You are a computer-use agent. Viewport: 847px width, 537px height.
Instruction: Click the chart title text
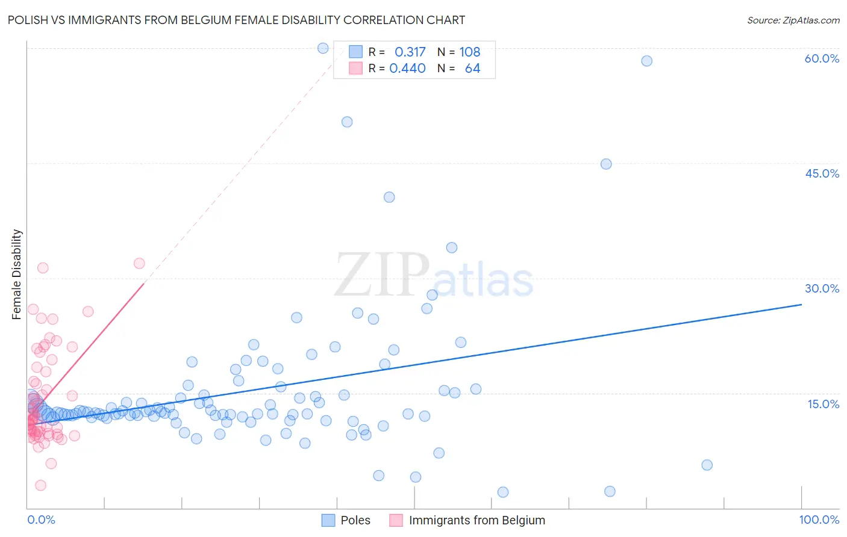pyautogui.click(x=236, y=20)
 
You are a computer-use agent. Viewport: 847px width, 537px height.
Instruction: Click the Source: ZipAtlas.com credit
pyautogui.click(x=793, y=20)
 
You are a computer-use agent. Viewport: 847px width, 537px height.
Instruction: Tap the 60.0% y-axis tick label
pyautogui.click(x=822, y=58)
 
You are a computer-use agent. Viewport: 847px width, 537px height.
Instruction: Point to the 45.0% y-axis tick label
pyautogui.click(x=822, y=173)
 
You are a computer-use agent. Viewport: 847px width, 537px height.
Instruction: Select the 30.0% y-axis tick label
pyautogui.click(x=822, y=288)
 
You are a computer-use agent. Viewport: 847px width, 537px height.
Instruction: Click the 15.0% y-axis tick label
pyautogui.click(x=823, y=404)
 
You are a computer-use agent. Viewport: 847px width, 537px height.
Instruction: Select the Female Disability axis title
pyautogui.click(x=17, y=274)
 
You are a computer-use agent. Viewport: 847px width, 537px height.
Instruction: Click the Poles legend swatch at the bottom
pyautogui.click(x=328, y=520)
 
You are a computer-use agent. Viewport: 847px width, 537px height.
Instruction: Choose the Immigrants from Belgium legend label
pyautogui.click(x=477, y=520)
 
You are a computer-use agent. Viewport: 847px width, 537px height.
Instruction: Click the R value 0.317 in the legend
pyautogui.click(x=410, y=52)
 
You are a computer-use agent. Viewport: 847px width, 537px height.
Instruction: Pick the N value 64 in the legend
pyautogui.click(x=472, y=69)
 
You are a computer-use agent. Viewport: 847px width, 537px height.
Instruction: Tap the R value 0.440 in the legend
pyautogui.click(x=407, y=69)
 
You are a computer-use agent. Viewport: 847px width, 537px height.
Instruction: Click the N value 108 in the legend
pyautogui.click(x=470, y=52)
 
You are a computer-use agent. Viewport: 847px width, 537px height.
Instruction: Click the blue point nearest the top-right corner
pyautogui.click(x=646, y=61)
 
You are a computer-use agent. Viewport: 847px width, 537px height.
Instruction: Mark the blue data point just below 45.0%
pyautogui.click(x=606, y=164)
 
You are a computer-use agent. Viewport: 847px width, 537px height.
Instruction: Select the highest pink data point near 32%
pyautogui.click(x=139, y=263)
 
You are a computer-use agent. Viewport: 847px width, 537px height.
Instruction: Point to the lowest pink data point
pyautogui.click(x=40, y=485)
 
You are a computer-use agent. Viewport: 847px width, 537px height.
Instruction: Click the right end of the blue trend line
pyautogui.click(x=801, y=305)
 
